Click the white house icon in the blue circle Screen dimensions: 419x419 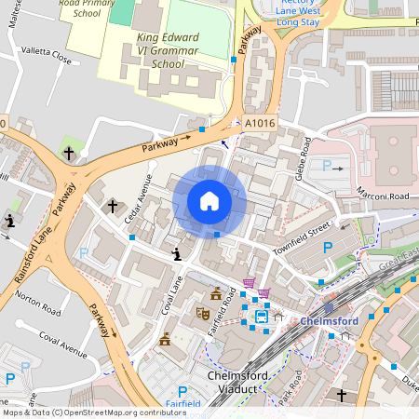(x=209, y=201)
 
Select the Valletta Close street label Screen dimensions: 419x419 (x=48, y=58)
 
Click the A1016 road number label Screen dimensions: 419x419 (x=261, y=122)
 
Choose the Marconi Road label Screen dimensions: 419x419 (x=382, y=196)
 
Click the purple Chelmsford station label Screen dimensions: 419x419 (x=330, y=321)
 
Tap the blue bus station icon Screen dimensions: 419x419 (x=263, y=316)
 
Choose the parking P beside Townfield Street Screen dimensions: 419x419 (x=327, y=248)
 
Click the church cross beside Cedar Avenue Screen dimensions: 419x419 (x=113, y=206)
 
